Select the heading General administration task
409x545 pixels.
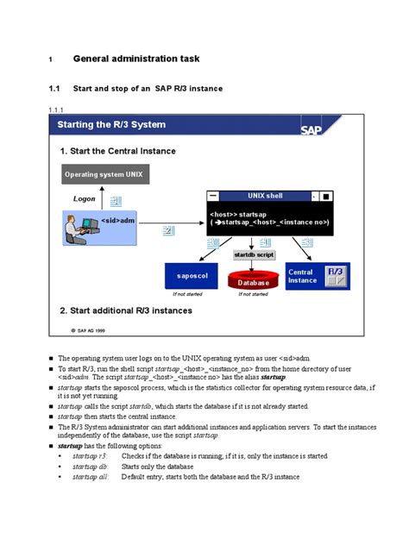tap(136, 59)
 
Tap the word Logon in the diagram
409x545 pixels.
tap(85, 198)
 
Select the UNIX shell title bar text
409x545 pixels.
tap(264, 196)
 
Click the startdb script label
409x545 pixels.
tap(254, 255)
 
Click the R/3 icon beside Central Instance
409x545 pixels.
tap(336, 276)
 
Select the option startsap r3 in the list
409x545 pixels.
tap(90, 455)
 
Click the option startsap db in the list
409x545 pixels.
tap(90, 466)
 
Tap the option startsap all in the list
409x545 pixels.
tap(91, 476)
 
